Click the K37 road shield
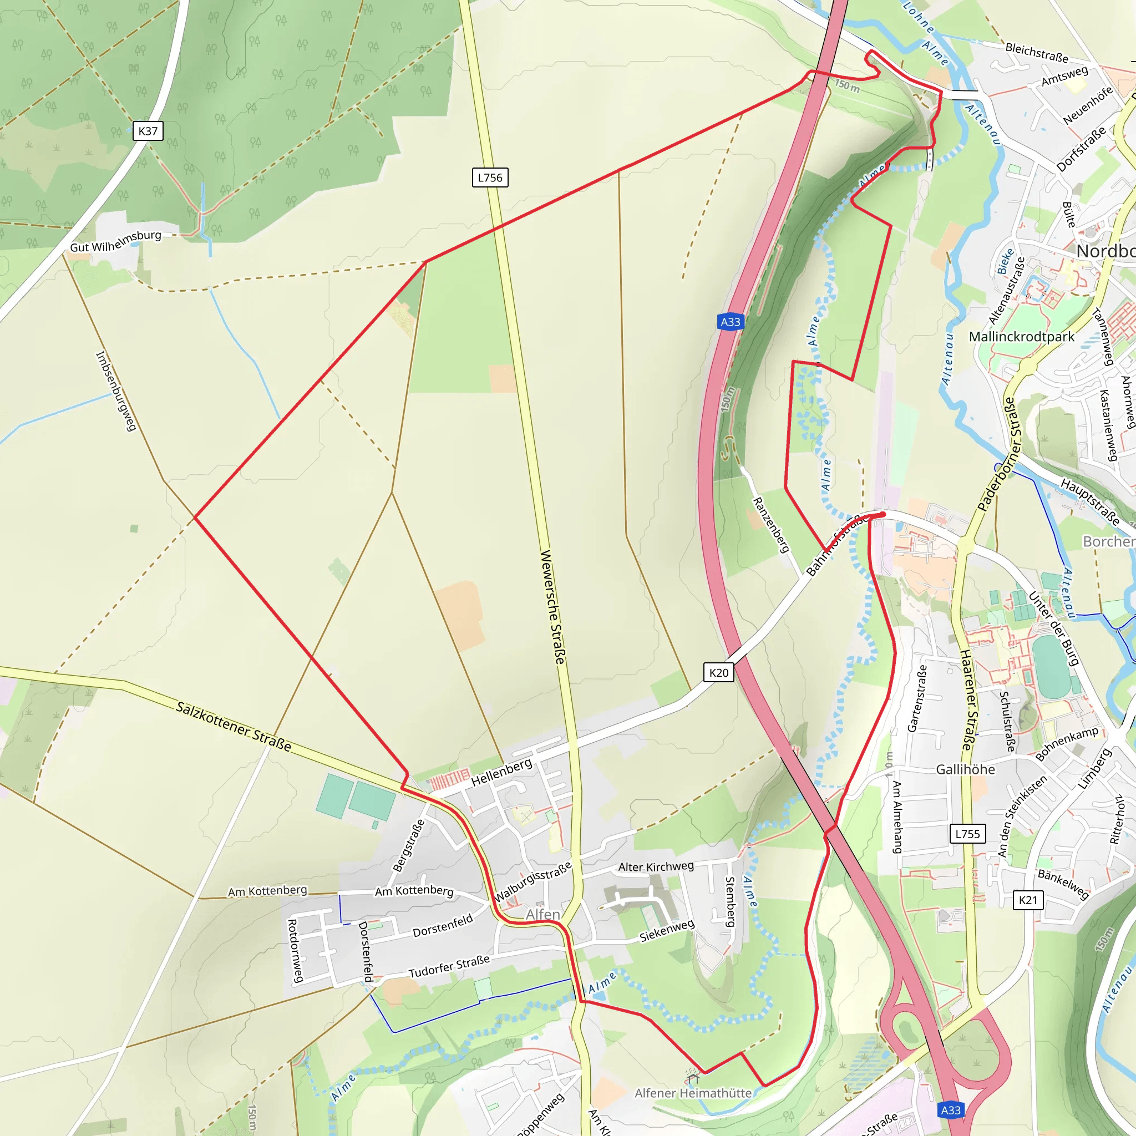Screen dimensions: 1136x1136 tap(148, 130)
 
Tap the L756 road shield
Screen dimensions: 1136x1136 tap(490, 177)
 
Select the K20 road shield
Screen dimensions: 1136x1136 tap(718, 673)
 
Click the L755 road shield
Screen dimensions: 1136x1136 tap(967, 834)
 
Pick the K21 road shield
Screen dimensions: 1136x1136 tap(1028, 900)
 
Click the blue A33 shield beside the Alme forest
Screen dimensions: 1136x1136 tap(731, 322)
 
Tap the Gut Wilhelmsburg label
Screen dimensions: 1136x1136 tap(115, 241)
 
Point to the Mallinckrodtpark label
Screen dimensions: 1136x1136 tap(1021, 337)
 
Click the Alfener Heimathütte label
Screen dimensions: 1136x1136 tap(693, 1093)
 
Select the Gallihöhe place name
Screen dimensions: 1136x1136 tap(966, 770)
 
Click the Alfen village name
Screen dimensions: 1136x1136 tap(542, 914)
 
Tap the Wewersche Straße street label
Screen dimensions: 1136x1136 tap(552, 607)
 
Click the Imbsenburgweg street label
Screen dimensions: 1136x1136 tap(116, 391)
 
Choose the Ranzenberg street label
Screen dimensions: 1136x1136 tap(770, 525)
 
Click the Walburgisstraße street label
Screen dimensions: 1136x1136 tap(532, 882)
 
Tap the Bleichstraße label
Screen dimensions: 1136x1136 tap(1037, 52)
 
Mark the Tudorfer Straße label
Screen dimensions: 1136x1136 tap(449, 966)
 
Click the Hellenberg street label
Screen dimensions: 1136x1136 tap(501, 772)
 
